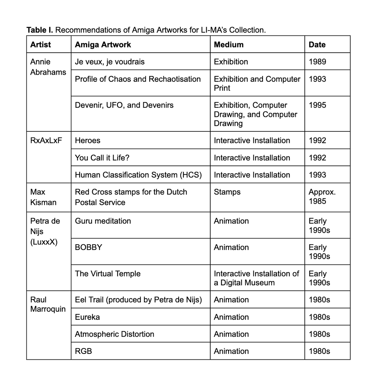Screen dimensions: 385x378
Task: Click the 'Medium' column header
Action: pyautogui.click(x=228, y=45)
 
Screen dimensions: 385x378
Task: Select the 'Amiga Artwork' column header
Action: pyautogui.click(x=103, y=45)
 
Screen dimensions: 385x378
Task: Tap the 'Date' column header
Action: pyautogui.click(x=317, y=45)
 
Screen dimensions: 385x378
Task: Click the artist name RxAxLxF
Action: pyautogui.click(x=46, y=140)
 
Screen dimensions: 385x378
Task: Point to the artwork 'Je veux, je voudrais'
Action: pyautogui.click(x=110, y=62)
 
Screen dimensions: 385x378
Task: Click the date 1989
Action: pyautogui.click(x=317, y=62)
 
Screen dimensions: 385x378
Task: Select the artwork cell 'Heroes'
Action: pyautogui.click(x=87, y=140)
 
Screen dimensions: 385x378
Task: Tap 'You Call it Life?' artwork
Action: pyautogui.click(x=102, y=158)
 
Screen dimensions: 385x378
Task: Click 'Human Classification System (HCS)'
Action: pyautogui.click(x=138, y=175)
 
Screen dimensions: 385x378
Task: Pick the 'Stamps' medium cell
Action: pyautogui.click(x=227, y=192)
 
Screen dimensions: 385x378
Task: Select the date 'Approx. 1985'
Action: pyautogui.click(x=322, y=197)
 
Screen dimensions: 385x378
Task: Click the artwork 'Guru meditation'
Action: pyautogui.click(x=103, y=221)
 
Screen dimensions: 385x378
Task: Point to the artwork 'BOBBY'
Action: pyautogui.click(x=88, y=247)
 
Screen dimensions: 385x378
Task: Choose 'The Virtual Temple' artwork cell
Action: pyautogui.click(x=108, y=274)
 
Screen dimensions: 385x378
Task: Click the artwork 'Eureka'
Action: pyautogui.click(x=87, y=317)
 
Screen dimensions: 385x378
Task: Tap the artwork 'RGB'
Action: pyautogui.click(x=83, y=351)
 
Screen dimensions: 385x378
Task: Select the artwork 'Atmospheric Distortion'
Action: pyautogui.click(x=114, y=334)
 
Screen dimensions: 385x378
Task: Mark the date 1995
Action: pyautogui.click(x=317, y=105)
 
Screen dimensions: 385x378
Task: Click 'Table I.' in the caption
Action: pyautogui.click(x=40, y=30)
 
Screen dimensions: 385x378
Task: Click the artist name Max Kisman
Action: pyautogui.click(x=43, y=197)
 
